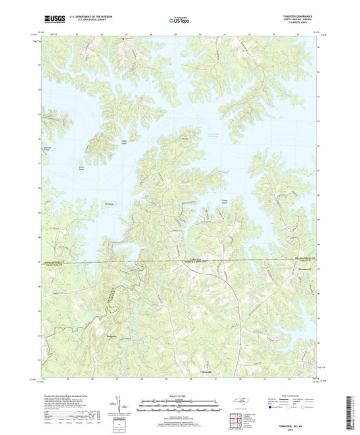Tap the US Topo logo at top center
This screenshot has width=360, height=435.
179,21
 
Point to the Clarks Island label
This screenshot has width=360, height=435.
124,142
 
